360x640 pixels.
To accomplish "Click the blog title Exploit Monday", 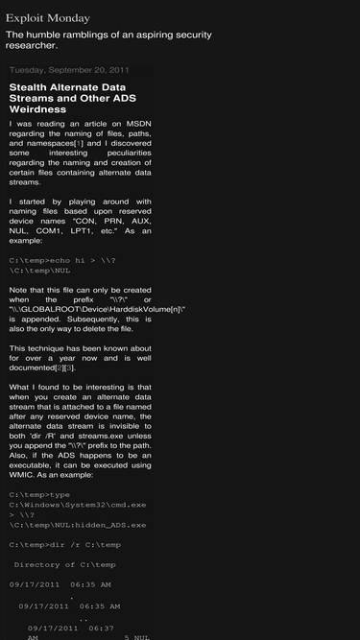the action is tap(48, 17).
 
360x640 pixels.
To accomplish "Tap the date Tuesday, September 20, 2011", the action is tap(69, 70).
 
